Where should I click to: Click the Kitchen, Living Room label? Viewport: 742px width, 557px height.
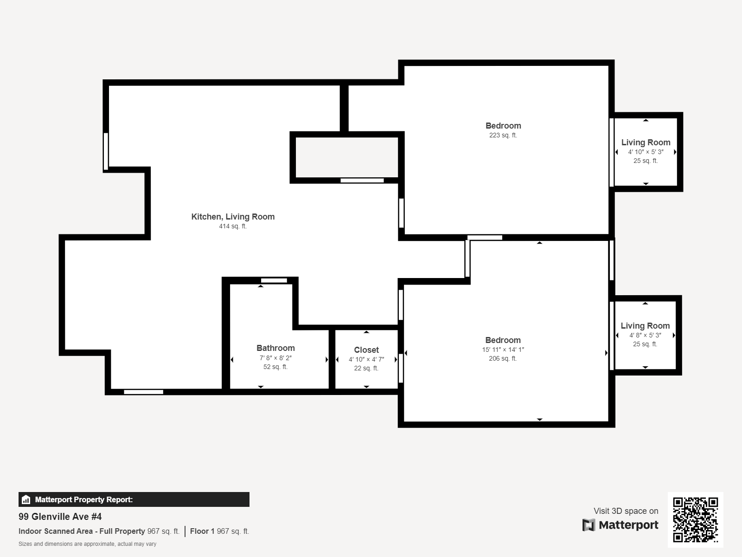233,217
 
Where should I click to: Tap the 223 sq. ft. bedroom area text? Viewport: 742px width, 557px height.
503,136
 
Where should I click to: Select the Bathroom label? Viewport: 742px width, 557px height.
275,348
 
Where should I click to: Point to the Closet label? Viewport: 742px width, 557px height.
366,350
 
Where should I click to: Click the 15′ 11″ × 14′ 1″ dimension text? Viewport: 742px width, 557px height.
503,350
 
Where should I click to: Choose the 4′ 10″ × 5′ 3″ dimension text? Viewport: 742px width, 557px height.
646,152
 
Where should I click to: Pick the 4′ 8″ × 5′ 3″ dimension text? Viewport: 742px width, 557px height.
645,335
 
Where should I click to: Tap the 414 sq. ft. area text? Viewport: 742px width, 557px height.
233,227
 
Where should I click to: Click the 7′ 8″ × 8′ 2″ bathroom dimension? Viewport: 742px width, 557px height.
275,358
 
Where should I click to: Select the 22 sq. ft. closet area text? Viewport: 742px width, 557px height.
366,368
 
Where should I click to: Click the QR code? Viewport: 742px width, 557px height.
695,520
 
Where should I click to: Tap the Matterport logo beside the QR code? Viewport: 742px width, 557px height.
620,525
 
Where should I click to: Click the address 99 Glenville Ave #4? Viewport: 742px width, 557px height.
60,517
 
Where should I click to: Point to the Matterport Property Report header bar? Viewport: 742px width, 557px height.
134,499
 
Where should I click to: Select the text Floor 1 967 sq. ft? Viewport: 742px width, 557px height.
219,531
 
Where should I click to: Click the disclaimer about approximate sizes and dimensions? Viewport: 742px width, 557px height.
87,544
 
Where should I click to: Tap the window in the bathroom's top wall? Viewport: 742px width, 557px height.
274,280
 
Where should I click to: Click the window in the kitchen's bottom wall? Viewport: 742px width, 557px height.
143,392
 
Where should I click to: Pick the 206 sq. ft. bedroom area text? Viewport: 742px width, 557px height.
503,358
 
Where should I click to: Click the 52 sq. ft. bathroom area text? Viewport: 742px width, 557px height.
275,367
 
